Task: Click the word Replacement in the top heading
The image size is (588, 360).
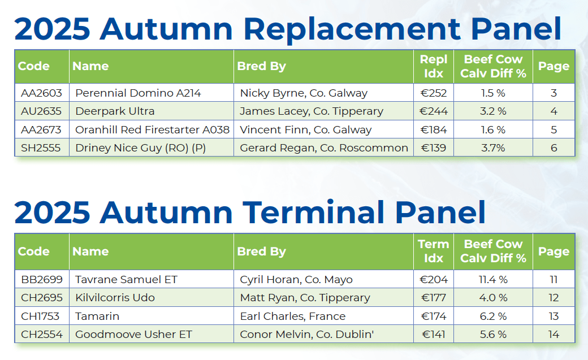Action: click(x=352, y=29)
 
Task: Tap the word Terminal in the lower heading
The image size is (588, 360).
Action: click(x=313, y=212)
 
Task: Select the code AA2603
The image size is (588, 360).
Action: click(x=42, y=93)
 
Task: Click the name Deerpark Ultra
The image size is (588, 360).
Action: click(x=115, y=111)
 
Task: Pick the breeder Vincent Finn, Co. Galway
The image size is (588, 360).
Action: click(x=306, y=130)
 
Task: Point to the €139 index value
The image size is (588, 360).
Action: click(x=434, y=148)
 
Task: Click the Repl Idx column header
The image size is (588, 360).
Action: click(x=434, y=66)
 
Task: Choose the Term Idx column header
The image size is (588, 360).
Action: click(x=434, y=251)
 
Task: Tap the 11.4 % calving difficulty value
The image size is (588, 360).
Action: click(x=493, y=279)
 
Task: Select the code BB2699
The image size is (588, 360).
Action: click(x=42, y=279)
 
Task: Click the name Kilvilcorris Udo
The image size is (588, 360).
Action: click(x=115, y=298)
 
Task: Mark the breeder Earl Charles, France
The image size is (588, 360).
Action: click(x=292, y=316)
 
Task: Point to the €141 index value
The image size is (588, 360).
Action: click(x=434, y=334)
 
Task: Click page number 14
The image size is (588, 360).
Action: click(x=554, y=334)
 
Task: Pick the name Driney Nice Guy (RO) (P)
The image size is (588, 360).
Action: click(x=141, y=148)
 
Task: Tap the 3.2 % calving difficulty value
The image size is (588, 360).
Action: click(x=493, y=111)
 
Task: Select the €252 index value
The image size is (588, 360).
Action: click(x=434, y=93)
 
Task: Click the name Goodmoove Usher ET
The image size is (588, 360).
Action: click(x=133, y=334)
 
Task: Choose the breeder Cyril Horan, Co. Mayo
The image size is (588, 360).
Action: click(x=296, y=279)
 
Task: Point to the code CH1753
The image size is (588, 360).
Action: click(x=40, y=316)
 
